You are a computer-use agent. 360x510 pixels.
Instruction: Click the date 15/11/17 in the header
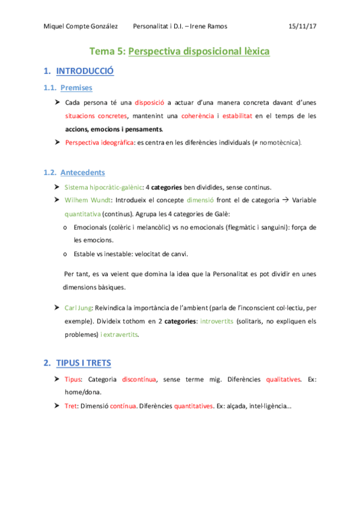(x=302, y=26)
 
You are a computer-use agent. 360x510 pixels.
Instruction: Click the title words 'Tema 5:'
(x=108, y=52)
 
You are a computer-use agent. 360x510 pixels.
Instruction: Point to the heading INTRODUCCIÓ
(x=85, y=72)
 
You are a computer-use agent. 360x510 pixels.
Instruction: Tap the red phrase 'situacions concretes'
(x=96, y=115)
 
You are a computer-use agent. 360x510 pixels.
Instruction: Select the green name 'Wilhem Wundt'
(x=86, y=200)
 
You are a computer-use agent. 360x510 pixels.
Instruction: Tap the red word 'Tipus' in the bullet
(x=74, y=379)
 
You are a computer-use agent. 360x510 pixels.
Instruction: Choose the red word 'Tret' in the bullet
(x=71, y=406)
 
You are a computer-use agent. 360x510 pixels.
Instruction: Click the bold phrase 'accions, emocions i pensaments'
(x=114, y=129)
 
